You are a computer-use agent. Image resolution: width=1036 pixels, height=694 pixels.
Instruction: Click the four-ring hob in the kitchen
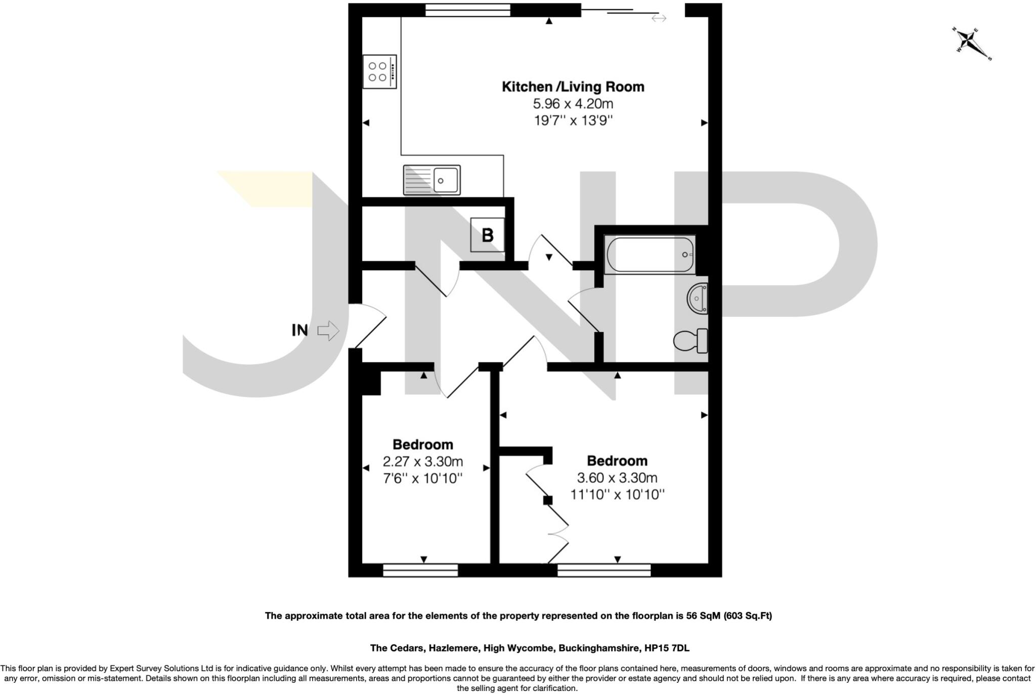(x=379, y=72)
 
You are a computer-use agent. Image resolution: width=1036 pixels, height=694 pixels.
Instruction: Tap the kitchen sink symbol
(x=431, y=180)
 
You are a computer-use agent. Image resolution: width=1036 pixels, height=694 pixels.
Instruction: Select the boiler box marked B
(x=487, y=235)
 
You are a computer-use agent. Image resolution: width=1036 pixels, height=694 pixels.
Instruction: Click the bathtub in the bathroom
(x=650, y=255)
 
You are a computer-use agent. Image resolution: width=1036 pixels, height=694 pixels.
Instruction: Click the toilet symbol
(x=691, y=341)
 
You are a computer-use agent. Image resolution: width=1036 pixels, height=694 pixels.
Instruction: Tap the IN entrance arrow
(x=328, y=331)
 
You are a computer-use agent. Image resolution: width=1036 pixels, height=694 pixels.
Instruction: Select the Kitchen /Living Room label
(x=573, y=86)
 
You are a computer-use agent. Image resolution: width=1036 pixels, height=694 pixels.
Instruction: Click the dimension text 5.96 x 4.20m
(x=573, y=104)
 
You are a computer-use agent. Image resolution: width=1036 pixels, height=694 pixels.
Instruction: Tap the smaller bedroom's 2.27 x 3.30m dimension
(x=422, y=461)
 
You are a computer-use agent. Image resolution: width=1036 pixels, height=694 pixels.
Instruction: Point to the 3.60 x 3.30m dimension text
(x=617, y=478)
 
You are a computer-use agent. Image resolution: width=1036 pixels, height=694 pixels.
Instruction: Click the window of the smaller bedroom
(x=420, y=571)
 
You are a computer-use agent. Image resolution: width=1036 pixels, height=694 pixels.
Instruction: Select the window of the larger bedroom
(x=604, y=571)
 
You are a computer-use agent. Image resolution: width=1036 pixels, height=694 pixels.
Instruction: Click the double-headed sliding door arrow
(x=659, y=19)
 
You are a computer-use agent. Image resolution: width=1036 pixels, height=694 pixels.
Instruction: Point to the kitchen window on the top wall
(x=467, y=10)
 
